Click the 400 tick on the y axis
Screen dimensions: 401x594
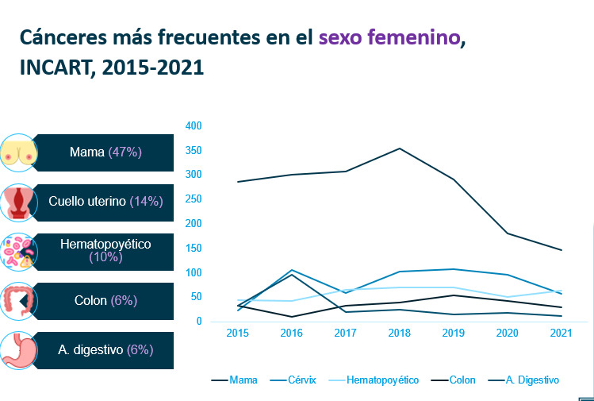pyautogui.click(x=194, y=125)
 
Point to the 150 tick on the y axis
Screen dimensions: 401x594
pyautogui.click(x=194, y=248)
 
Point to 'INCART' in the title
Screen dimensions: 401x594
pyautogui.click(x=53, y=67)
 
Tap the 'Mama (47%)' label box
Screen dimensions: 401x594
pyautogui.click(x=105, y=152)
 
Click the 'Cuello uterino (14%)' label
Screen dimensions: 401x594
pyautogui.click(x=105, y=202)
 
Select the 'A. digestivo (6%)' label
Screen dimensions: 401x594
pyautogui.click(x=105, y=349)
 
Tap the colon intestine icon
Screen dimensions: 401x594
pyautogui.click(x=19, y=301)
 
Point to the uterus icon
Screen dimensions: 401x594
pyautogui.click(x=19, y=202)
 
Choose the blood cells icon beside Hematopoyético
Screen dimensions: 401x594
pyautogui.click(x=19, y=251)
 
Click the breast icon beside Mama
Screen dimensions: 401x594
pyautogui.click(x=19, y=153)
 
